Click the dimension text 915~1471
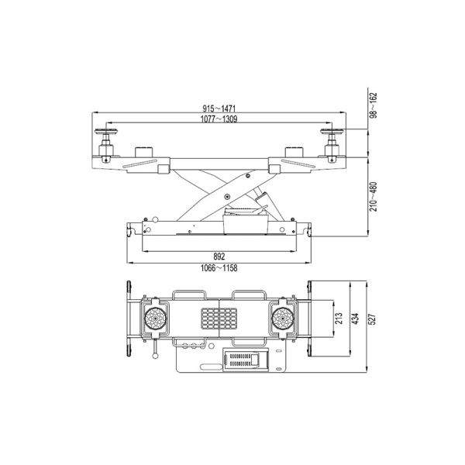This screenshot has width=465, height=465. coord(219,108)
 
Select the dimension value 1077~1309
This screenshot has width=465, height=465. coord(219,119)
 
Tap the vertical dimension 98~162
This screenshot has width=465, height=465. coord(374,105)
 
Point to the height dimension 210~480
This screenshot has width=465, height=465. coord(374,197)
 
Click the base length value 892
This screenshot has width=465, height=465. coord(219,257)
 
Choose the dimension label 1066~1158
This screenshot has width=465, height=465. coord(219,268)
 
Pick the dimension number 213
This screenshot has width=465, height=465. coord(339,319)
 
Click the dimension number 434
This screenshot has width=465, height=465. coord(356,319)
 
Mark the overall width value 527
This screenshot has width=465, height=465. coord(373,319)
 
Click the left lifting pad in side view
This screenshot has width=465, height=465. coord(106,131)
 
